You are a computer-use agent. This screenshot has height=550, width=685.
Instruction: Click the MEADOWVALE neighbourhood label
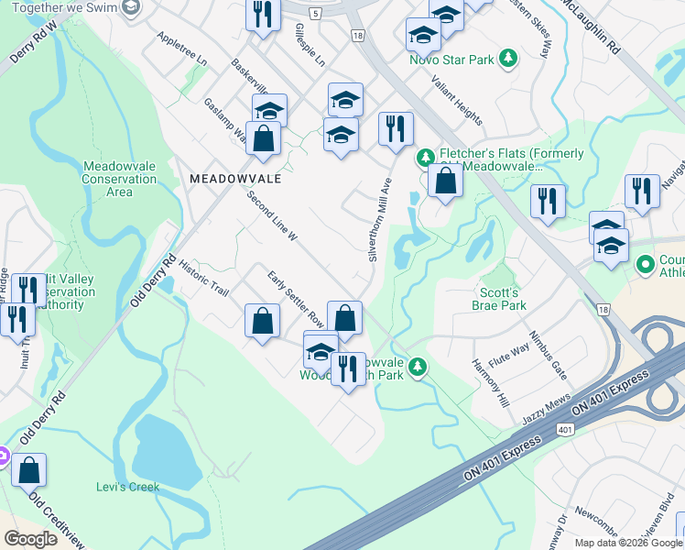click(x=234, y=179)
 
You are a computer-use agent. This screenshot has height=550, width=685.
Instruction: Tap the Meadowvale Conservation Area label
click(x=120, y=179)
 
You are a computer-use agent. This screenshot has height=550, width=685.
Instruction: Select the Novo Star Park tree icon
click(x=509, y=60)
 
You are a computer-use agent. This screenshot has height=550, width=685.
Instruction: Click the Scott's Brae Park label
click(x=499, y=300)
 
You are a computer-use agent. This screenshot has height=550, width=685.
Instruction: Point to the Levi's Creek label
click(x=128, y=487)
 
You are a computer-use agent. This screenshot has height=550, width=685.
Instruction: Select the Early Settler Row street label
click(x=296, y=300)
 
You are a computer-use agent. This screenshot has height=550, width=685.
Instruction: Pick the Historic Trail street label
click(x=203, y=276)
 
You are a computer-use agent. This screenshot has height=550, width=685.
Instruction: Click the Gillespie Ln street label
click(x=310, y=47)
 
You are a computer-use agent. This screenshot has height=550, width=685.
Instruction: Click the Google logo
click(x=31, y=539)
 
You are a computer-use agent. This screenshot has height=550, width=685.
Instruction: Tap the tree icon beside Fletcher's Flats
click(x=425, y=158)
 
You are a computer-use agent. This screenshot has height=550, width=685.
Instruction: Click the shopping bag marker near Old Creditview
click(x=28, y=469)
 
